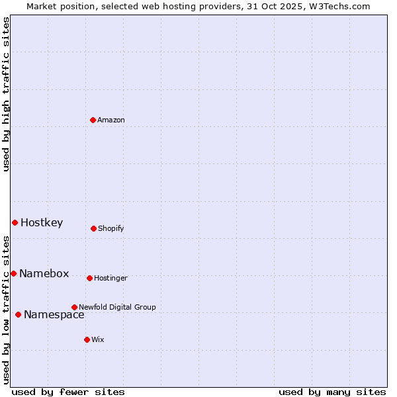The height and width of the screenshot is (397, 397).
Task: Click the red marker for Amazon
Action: point(93,120)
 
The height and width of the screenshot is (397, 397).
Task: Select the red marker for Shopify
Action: point(93,228)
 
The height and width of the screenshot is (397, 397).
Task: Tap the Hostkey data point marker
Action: point(15,222)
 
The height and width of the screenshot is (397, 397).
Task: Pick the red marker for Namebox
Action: point(13,273)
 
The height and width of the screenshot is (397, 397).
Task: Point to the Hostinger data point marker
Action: point(89,278)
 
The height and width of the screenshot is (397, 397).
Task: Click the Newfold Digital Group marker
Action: point(74,307)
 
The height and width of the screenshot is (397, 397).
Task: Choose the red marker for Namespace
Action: point(18,314)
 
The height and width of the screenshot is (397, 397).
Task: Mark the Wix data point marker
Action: point(87,339)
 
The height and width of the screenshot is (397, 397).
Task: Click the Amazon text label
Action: point(111,120)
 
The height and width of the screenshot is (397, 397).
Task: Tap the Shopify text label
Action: point(111,229)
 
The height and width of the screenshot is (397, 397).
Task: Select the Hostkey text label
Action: point(42,223)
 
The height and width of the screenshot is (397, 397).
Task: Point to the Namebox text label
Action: point(44,274)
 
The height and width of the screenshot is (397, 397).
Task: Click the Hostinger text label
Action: point(110,279)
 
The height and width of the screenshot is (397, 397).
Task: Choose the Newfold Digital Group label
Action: point(117,307)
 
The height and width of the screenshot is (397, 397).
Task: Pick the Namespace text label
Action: point(54,315)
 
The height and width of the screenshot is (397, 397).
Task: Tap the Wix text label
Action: point(98,340)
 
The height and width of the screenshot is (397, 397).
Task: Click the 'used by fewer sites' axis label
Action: point(68,392)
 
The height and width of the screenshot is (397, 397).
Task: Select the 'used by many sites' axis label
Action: point(332,392)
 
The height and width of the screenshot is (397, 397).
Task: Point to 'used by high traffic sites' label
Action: point(6,94)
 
